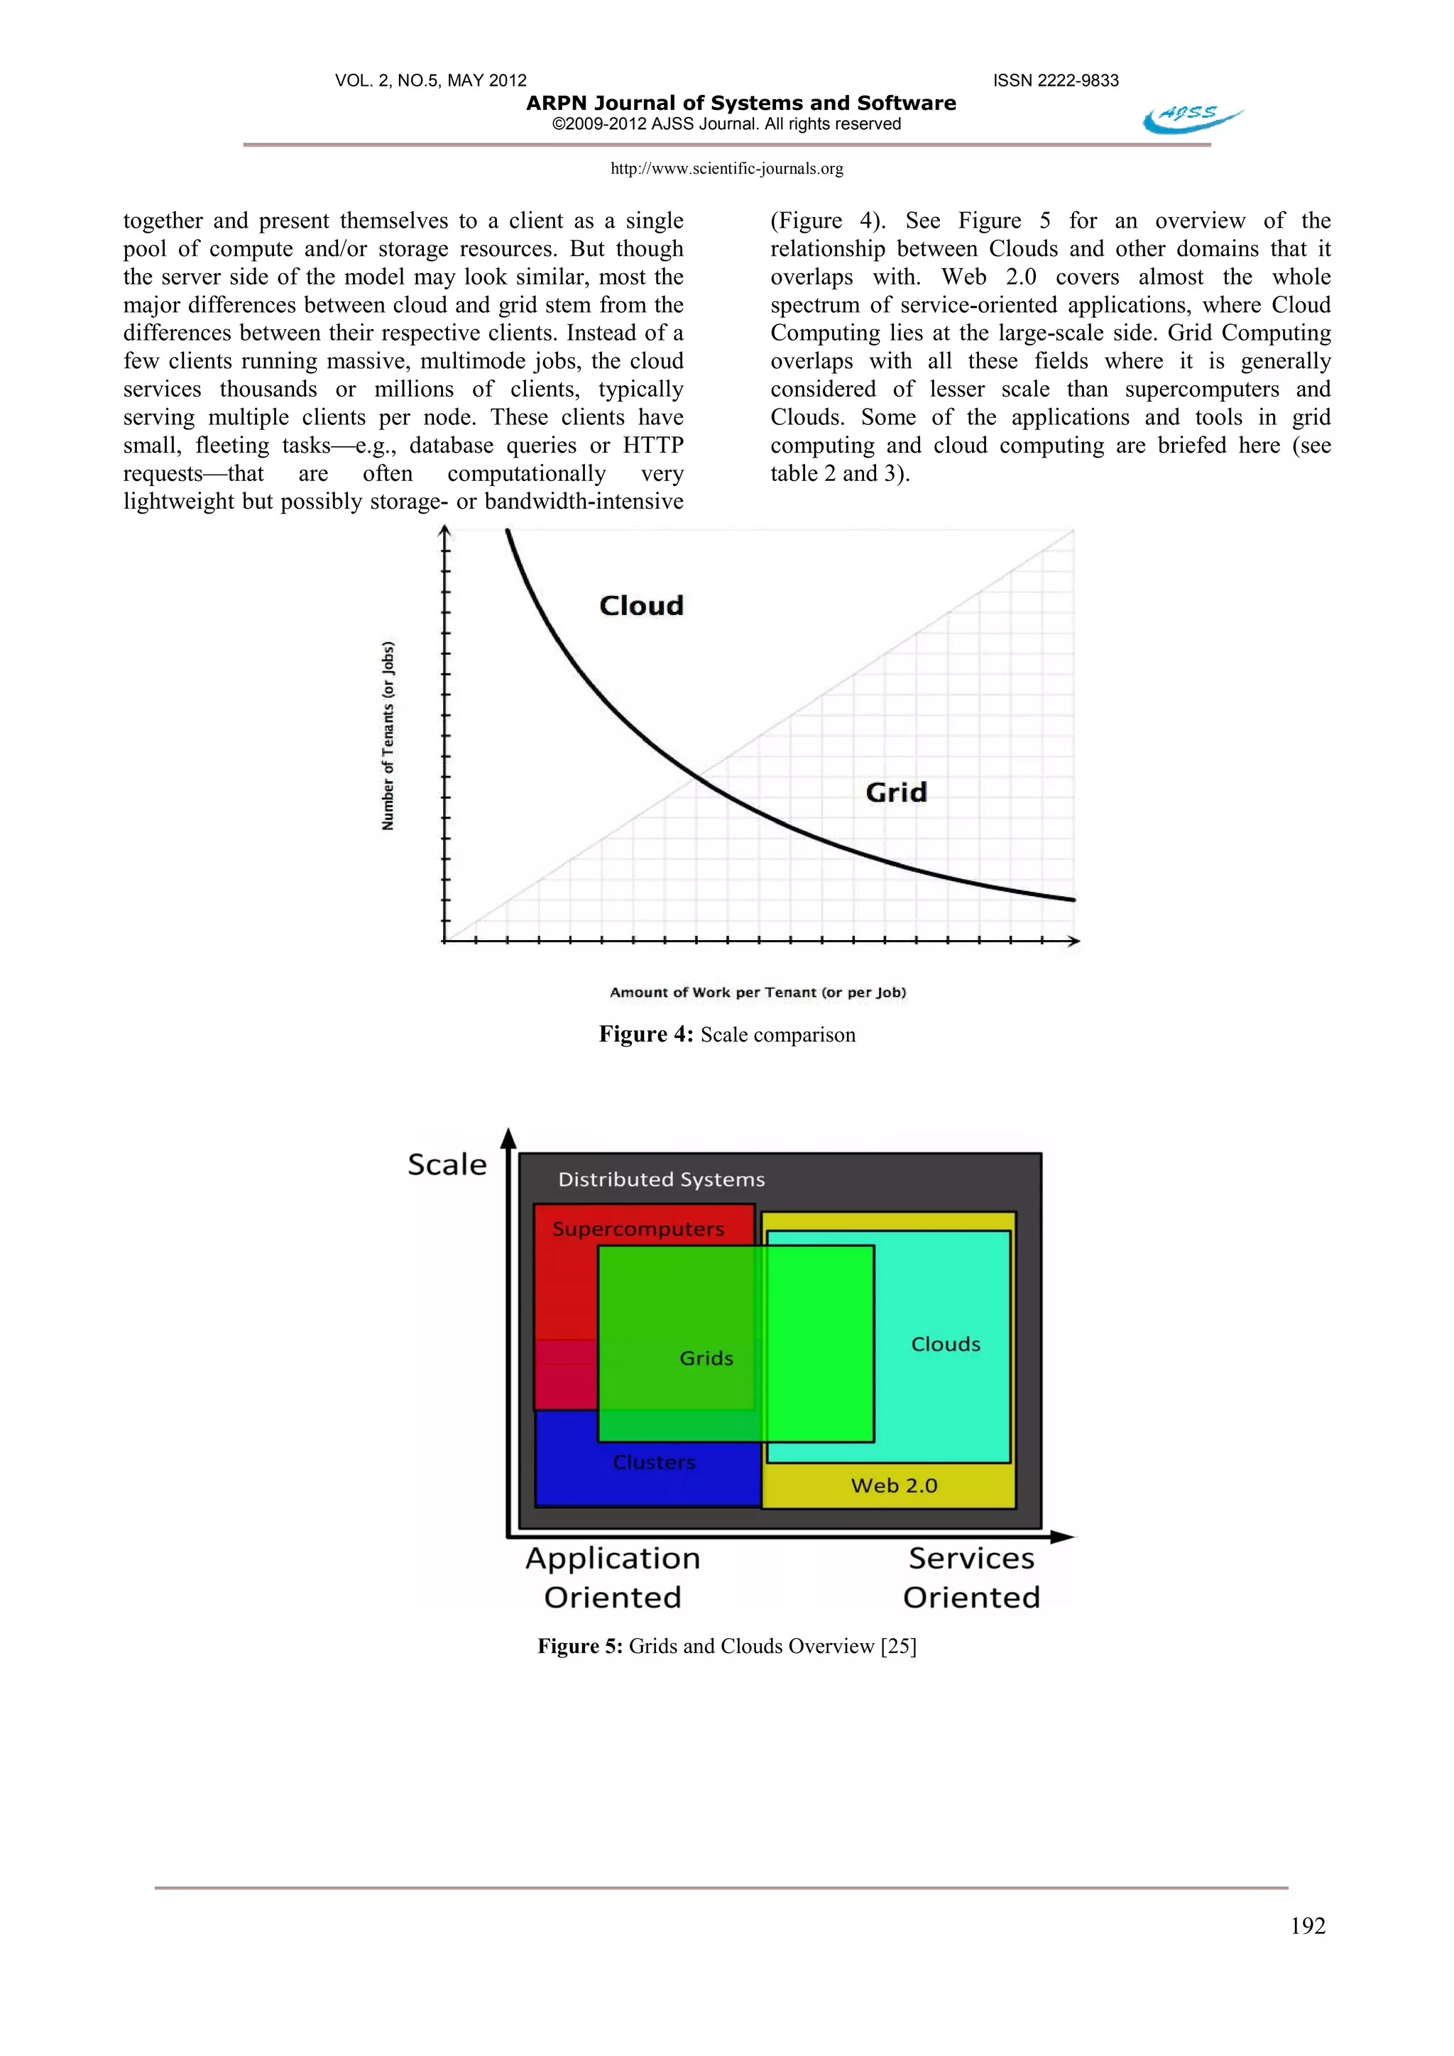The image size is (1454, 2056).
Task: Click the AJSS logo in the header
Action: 1191,117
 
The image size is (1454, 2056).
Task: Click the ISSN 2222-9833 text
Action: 1055,81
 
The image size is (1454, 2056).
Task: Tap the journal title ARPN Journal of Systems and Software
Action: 741,103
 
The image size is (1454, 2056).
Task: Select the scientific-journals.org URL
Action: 726,168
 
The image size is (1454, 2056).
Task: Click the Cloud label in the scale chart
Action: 641,607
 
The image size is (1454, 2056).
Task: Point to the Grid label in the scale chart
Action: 896,792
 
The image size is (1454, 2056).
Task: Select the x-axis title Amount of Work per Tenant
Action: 758,993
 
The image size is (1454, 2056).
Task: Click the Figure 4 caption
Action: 726,1035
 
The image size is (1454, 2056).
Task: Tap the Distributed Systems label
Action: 661,1179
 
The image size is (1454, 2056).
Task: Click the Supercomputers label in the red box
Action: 638,1229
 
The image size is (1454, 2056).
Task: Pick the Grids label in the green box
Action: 706,1359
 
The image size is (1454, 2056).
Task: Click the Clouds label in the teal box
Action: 945,1344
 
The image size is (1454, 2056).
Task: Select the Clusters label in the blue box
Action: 654,1462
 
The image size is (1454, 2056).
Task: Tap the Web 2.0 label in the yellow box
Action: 893,1486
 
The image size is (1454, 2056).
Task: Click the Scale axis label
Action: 447,1164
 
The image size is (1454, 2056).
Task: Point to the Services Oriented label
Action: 971,1578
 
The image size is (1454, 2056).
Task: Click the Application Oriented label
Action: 613,1578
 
